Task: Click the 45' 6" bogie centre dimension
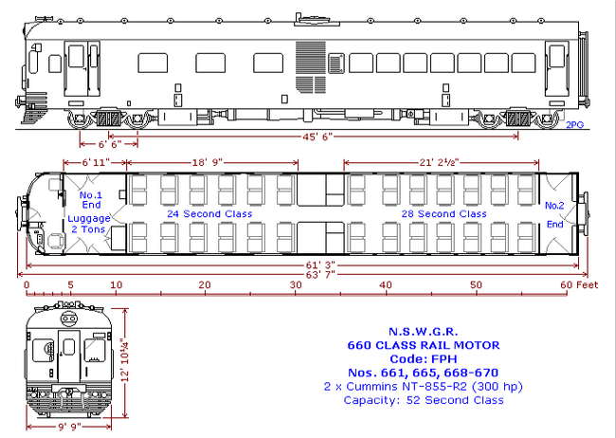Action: pos(317,137)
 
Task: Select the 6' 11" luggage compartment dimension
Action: pos(96,162)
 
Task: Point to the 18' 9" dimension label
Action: pos(207,162)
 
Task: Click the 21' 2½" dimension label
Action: pos(439,162)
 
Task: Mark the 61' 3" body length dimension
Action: pos(320,265)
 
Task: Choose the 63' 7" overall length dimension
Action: pos(320,274)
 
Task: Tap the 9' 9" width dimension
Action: pos(69,427)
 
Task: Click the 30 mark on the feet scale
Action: pos(296,284)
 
